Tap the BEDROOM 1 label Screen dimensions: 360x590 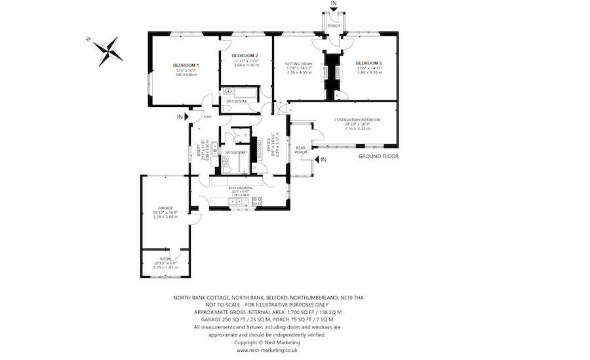186,65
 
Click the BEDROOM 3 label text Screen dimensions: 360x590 369,62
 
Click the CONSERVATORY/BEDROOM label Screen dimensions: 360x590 357,119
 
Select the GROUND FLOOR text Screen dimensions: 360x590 378,157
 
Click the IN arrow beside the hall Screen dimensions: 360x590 182,117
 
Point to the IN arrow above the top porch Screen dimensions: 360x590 334,5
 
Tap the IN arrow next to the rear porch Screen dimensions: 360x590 323,159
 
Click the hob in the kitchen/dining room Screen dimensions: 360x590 257,201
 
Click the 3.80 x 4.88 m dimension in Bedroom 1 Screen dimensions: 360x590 186,75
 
